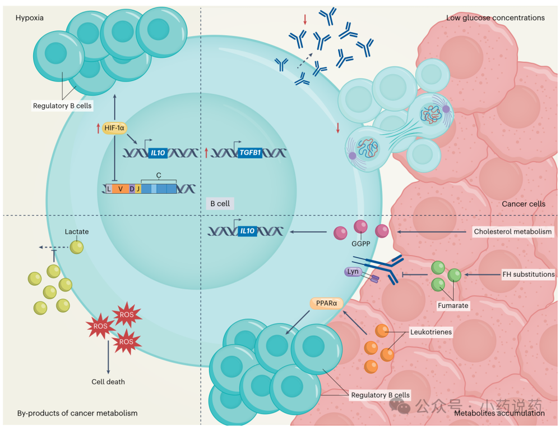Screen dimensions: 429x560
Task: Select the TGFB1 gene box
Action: click(x=249, y=152)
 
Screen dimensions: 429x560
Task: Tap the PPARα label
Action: click(x=326, y=303)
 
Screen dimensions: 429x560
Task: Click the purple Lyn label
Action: click(x=353, y=272)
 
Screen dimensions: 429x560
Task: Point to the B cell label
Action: click(x=219, y=203)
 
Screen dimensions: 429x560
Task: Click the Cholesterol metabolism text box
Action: click(x=513, y=231)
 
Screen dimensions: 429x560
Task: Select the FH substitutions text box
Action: click(x=527, y=275)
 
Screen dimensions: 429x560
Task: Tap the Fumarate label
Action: click(x=453, y=305)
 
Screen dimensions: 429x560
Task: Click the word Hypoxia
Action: click(x=30, y=18)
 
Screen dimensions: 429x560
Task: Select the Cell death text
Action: click(x=108, y=382)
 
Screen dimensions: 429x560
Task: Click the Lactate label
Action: click(x=77, y=231)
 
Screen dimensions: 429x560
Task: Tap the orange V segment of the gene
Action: click(x=120, y=189)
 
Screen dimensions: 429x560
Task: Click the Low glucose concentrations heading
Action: click(x=495, y=18)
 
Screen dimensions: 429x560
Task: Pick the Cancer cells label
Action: click(x=523, y=204)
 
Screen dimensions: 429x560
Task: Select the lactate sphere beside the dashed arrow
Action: click(x=76, y=247)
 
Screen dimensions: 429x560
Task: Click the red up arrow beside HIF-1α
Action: click(x=98, y=129)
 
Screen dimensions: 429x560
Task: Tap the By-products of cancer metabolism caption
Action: click(x=77, y=413)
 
